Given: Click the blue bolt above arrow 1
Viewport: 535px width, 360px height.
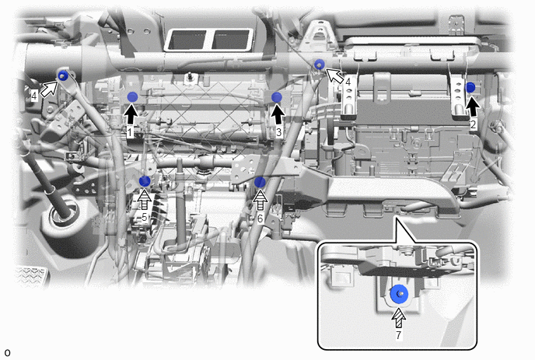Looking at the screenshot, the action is (x=132, y=97).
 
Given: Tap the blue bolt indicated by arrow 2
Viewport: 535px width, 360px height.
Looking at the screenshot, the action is (x=470, y=87).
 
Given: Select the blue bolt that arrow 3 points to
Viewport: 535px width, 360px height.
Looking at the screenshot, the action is (x=277, y=97).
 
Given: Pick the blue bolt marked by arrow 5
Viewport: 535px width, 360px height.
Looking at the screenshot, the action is (x=145, y=181).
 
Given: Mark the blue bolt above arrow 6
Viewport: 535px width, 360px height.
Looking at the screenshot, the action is (x=260, y=182).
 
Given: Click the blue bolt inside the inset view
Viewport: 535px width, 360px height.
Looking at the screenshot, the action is (x=399, y=294).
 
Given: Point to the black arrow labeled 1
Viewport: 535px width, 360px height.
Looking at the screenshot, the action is (x=131, y=115).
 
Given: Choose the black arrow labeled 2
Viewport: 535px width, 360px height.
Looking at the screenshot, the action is (x=473, y=107).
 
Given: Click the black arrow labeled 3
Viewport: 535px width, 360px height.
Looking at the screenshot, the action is (x=278, y=114).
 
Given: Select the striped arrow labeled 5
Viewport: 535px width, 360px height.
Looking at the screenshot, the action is (x=145, y=200).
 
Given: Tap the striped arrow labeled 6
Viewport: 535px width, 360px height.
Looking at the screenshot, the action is (x=261, y=201).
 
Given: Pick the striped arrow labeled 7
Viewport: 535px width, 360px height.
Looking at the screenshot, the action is (x=398, y=318).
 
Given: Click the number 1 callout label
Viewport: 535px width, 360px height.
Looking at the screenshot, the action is (x=130, y=132).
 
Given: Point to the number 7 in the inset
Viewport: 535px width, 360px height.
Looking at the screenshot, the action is (x=398, y=335).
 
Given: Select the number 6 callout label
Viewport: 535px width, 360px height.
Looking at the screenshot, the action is (x=261, y=218).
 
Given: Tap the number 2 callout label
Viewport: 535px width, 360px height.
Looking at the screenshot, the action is (x=473, y=125).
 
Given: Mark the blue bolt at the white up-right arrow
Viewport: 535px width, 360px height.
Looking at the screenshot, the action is (x=62, y=75).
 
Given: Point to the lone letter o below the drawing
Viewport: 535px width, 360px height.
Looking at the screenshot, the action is (x=7, y=352).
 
